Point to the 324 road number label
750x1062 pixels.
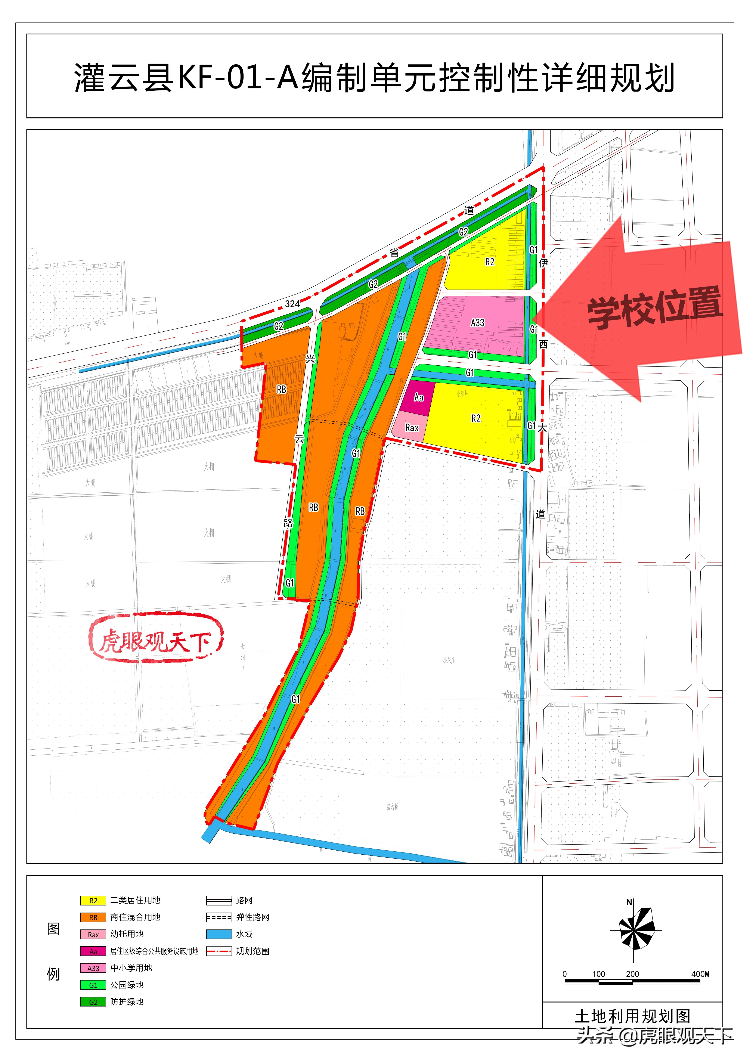[292, 304]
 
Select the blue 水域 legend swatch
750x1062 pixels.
[219, 934]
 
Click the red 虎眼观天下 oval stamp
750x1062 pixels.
[156, 637]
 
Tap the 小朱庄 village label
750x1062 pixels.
[449, 660]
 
